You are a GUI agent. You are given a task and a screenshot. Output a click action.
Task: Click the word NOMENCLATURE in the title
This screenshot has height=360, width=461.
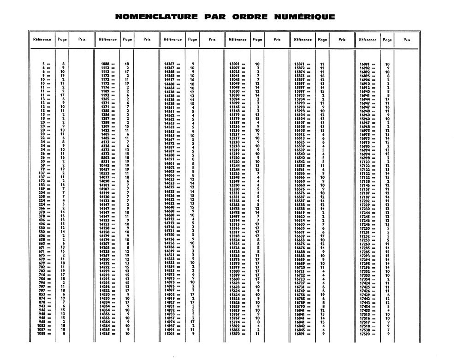156,17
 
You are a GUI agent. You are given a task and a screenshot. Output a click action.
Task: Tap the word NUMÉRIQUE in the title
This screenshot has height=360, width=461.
304,17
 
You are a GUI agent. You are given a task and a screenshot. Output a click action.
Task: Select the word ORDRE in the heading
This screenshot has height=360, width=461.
250,17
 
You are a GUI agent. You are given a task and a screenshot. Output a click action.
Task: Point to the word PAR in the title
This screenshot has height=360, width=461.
215,17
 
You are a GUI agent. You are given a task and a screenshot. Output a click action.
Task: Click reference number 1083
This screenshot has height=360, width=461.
41,325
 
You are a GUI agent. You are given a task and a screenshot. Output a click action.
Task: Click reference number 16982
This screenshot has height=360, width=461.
364,68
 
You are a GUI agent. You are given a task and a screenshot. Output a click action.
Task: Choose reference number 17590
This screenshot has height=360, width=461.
364,334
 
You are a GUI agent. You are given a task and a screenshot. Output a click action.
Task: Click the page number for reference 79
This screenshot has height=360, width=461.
63,169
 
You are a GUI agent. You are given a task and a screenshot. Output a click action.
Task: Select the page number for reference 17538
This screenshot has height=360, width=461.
388,330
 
